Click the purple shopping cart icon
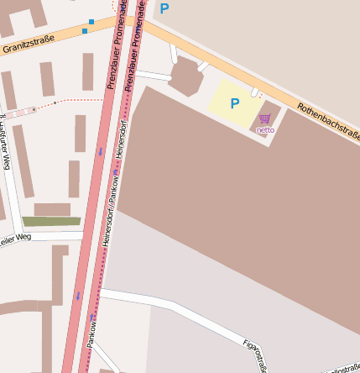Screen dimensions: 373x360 point(265,118)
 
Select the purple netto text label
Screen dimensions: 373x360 point(265,130)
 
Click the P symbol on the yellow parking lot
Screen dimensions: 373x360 point(235,104)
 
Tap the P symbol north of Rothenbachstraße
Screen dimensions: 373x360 point(164,9)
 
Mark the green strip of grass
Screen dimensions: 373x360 point(51,222)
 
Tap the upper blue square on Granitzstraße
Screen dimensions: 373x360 point(91,21)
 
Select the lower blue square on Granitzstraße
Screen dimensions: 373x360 point(84,31)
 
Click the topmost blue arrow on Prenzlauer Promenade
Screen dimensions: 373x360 point(100,152)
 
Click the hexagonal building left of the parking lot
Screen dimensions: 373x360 point(185,79)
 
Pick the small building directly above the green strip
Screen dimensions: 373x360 point(52,209)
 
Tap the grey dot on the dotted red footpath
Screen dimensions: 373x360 point(55,102)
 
